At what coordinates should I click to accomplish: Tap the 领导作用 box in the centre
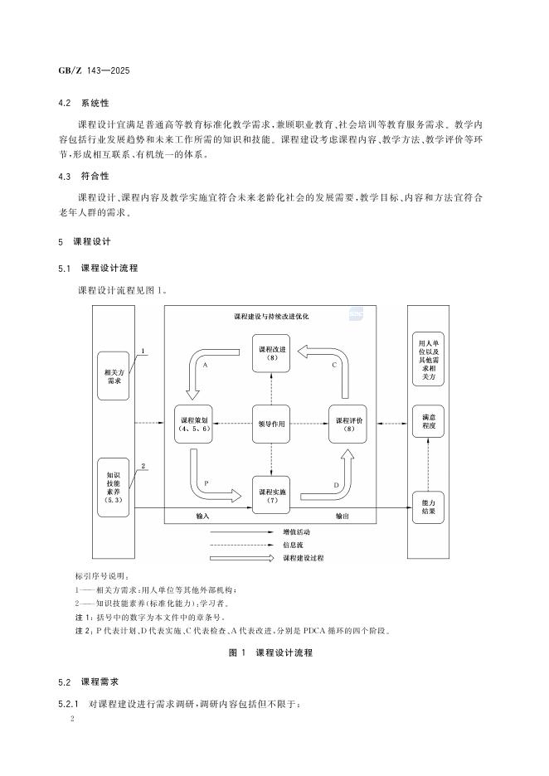click(272, 424)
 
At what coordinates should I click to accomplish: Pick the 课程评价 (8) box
click(347, 424)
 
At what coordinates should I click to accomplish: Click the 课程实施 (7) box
click(272, 495)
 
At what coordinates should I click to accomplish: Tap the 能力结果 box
click(429, 506)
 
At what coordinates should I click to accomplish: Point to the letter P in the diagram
click(204, 481)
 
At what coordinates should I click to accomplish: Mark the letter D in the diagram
click(335, 483)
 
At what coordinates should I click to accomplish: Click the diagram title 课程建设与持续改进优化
click(272, 317)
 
